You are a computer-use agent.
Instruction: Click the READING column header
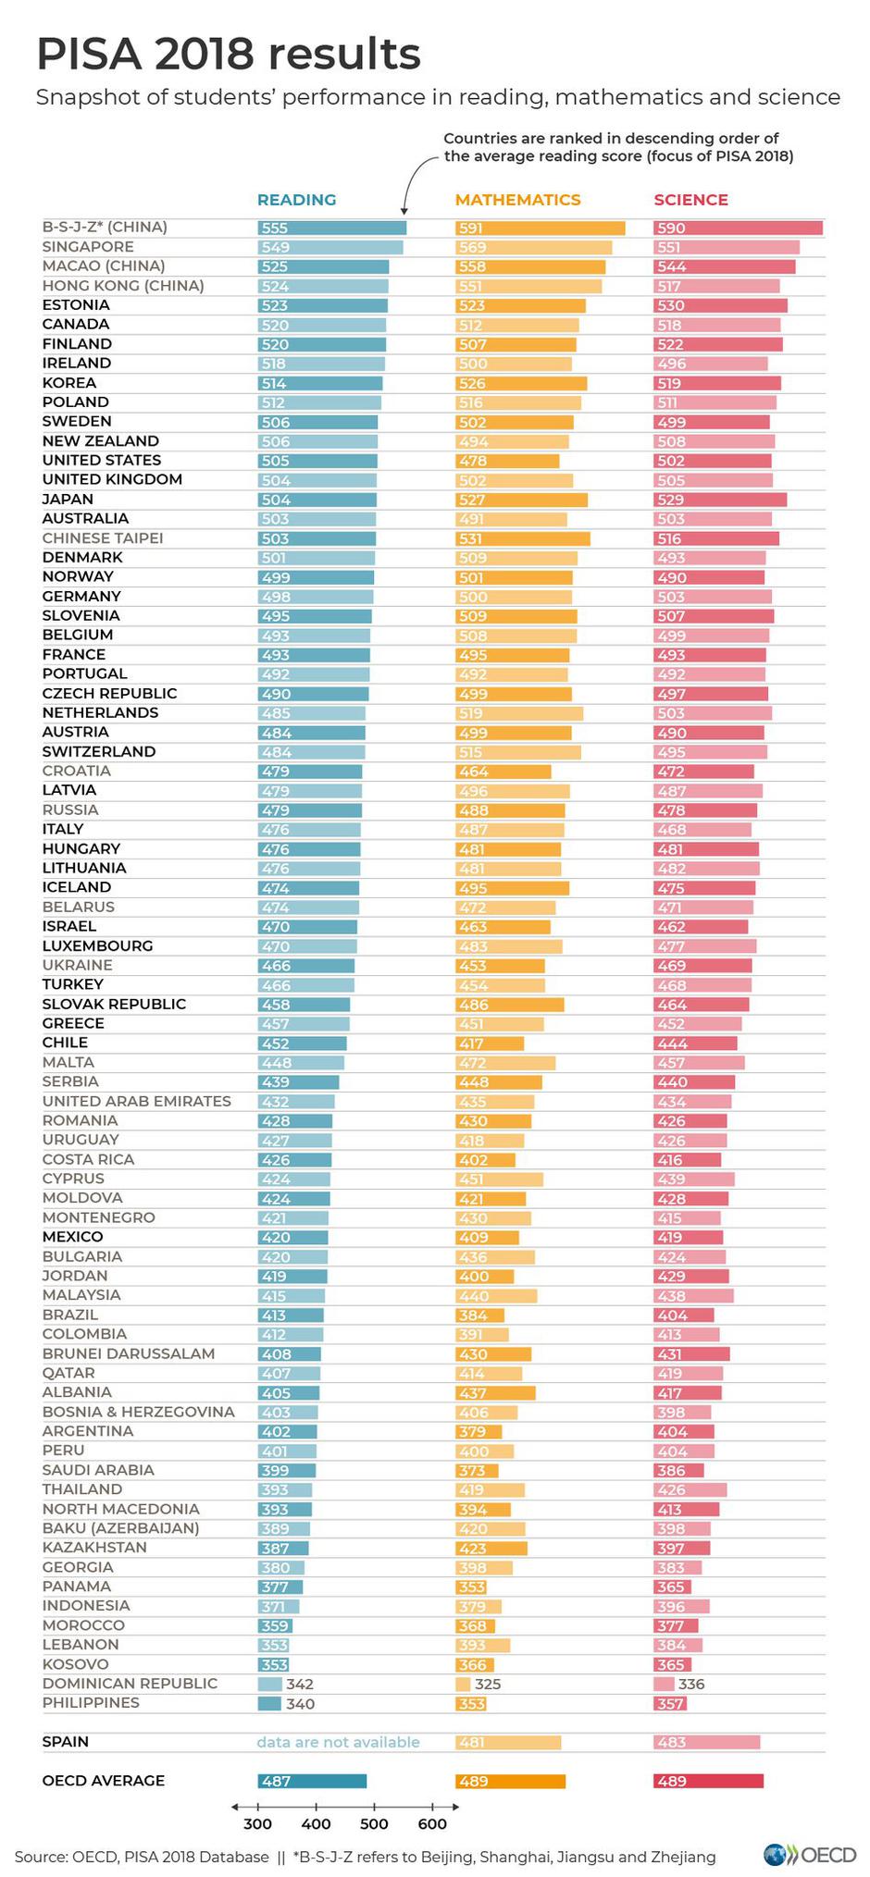296,200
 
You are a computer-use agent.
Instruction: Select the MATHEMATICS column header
517,200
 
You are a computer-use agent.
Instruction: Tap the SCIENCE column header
690,200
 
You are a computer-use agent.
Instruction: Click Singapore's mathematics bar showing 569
533,247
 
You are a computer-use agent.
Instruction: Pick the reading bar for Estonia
322,305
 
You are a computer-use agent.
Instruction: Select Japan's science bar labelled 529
719,500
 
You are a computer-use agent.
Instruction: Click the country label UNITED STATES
102,461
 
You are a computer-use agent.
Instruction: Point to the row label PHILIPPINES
91,1703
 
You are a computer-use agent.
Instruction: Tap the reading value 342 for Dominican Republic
300,1684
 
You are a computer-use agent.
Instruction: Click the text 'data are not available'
338,1742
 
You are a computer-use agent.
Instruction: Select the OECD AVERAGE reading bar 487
312,1781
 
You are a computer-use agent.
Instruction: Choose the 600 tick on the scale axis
432,1823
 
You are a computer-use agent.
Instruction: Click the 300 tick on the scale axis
257,1823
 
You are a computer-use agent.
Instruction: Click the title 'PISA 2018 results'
229,55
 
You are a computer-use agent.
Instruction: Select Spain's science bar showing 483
706,1742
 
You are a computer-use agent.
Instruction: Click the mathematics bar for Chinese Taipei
522,538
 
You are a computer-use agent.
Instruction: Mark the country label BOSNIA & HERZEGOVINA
139,1412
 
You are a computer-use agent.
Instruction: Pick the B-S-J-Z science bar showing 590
738,228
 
